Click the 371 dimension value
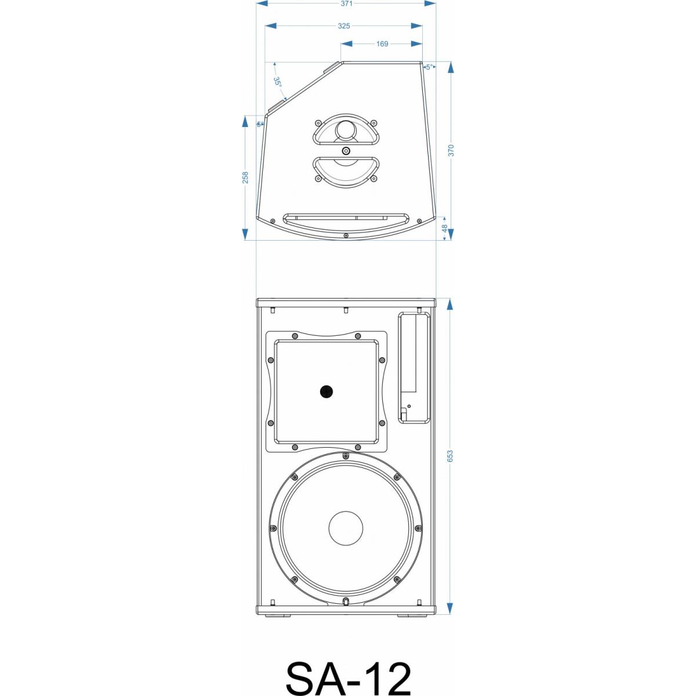(x=346, y=3)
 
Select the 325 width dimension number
(x=343, y=26)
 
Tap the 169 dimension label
(x=382, y=44)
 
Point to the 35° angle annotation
(x=278, y=82)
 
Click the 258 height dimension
(x=245, y=177)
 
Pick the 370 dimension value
(x=451, y=150)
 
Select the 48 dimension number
(x=445, y=229)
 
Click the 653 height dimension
(x=450, y=456)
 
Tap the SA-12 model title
(x=348, y=678)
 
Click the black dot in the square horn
(x=327, y=392)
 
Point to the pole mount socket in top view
(x=346, y=129)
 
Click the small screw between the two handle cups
(x=346, y=151)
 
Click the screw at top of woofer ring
(x=346, y=456)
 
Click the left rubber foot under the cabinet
(x=275, y=615)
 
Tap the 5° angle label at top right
(x=429, y=67)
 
